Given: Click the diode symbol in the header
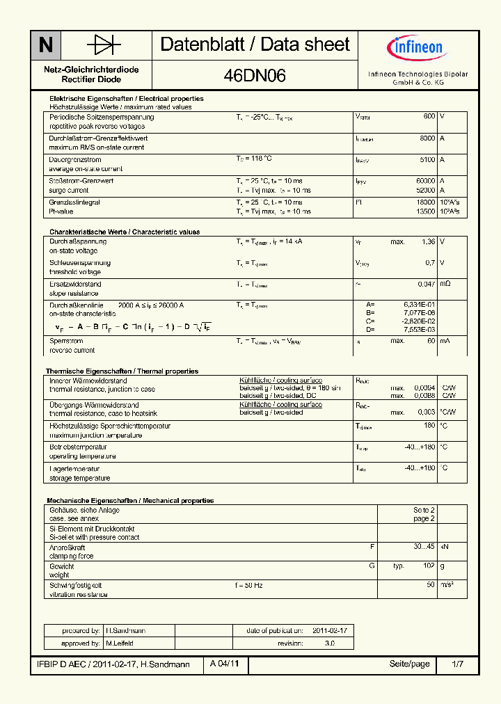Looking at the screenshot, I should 104,45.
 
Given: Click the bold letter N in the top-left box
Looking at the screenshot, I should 45,45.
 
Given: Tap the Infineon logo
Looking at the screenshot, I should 415,48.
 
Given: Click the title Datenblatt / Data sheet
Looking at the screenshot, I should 255,45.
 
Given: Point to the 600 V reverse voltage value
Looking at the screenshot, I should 429,117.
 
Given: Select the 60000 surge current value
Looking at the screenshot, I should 425,181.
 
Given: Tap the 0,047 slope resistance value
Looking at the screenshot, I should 426,285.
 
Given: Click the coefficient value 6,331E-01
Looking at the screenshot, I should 420,305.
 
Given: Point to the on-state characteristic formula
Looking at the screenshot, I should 133,326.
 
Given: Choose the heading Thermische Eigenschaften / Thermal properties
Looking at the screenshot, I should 122,371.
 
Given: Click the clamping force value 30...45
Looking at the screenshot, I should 424,547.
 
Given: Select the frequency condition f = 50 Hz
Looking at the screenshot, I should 248,586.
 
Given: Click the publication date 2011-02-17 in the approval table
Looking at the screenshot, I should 330,630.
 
